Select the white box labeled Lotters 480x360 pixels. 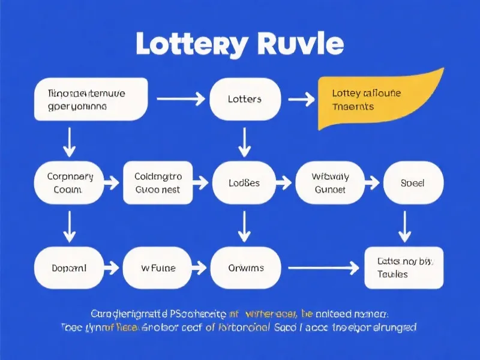coord(245,98)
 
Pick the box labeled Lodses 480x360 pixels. coord(244,182)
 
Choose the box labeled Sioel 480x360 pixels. coord(412,182)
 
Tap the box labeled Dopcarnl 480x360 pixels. coord(69,268)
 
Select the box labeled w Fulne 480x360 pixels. coord(158,268)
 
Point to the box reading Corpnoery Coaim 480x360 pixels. coord(70,182)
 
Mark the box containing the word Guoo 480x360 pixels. coord(158,182)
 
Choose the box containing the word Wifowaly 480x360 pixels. coord(330,182)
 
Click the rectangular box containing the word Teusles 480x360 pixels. coord(404,268)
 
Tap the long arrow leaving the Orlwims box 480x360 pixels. coord(323,268)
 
